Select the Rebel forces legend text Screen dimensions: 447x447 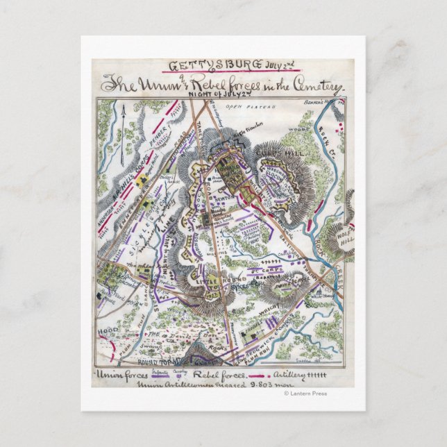(223, 376)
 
